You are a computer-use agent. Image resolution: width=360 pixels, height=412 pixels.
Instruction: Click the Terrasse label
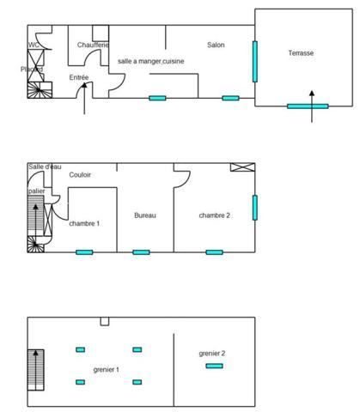pos(300,53)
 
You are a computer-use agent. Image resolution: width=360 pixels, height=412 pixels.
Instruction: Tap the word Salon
pos(216,45)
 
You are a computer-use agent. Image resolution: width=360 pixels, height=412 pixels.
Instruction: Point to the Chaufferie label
pos(92,45)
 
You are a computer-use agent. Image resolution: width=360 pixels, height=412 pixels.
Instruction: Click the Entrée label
pos(79,77)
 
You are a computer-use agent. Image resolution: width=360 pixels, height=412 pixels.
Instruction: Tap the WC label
pos(34,45)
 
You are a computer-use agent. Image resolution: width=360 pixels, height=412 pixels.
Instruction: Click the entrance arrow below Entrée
pos(82,103)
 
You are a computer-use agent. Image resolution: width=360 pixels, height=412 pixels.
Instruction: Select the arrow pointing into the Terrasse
pos(311,94)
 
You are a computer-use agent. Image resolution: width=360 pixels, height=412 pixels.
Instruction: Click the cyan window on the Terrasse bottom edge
pos(307,106)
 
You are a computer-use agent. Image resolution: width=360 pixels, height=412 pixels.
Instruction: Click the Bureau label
pos(145,215)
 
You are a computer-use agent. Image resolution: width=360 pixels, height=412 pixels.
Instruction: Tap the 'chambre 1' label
pos(84,223)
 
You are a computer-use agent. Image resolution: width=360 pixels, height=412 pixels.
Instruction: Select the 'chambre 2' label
pos(214,215)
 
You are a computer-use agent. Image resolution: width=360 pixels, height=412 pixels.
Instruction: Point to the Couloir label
pos(80,174)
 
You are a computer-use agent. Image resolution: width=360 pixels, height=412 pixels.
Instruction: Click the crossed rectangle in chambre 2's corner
pos(242,167)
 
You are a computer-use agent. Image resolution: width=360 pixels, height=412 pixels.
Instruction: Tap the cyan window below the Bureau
pos(141,252)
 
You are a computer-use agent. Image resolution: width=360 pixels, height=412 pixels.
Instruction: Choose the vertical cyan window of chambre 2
pos(254,208)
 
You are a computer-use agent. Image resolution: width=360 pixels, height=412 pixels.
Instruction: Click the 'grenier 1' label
pos(106,369)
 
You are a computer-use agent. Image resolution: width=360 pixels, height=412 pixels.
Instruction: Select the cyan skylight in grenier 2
pos(213,367)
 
